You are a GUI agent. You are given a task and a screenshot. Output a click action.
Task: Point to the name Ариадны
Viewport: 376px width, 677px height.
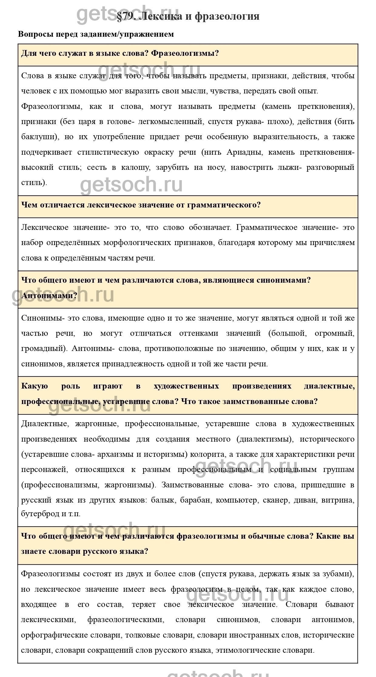(244, 152)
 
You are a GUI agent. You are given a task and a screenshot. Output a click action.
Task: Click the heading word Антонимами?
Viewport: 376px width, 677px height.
(49, 295)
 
